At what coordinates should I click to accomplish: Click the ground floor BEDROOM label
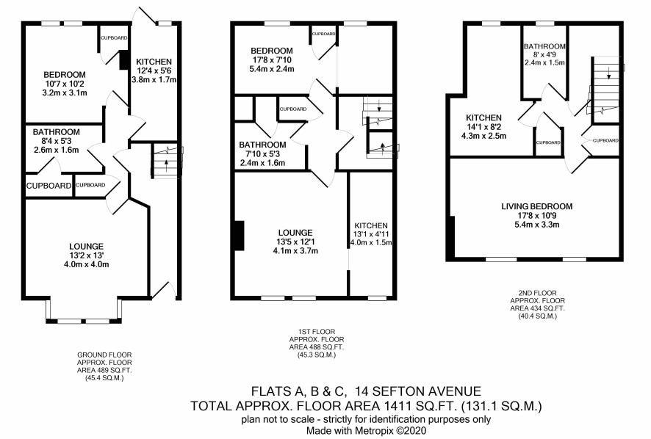(x=65, y=75)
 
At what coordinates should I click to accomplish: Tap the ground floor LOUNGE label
(x=87, y=247)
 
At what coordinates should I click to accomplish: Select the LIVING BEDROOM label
(x=537, y=206)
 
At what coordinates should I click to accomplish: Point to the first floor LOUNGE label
(x=295, y=233)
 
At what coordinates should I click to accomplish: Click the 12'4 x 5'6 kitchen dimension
(x=154, y=70)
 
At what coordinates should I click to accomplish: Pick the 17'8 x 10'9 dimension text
(x=537, y=216)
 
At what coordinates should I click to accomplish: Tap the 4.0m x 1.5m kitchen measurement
(x=371, y=243)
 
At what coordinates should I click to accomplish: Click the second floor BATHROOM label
(x=544, y=46)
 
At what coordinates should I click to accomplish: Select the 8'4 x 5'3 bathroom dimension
(x=56, y=141)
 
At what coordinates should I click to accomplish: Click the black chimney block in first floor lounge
(x=239, y=236)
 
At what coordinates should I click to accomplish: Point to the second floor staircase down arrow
(x=608, y=74)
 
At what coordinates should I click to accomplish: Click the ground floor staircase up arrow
(x=167, y=162)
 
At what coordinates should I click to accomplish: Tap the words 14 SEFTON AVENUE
(x=421, y=391)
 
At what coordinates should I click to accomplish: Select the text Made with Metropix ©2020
(x=366, y=431)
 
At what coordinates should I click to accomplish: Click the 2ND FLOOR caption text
(x=538, y=293)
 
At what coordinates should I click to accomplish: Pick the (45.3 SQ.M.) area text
(x=317, y=355)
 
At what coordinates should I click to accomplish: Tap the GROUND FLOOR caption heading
(x=104, y=355)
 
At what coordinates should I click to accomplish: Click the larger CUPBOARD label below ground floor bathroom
(x=49, y=186)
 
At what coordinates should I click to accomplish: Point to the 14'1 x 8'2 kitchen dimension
(x=483, y=126)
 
